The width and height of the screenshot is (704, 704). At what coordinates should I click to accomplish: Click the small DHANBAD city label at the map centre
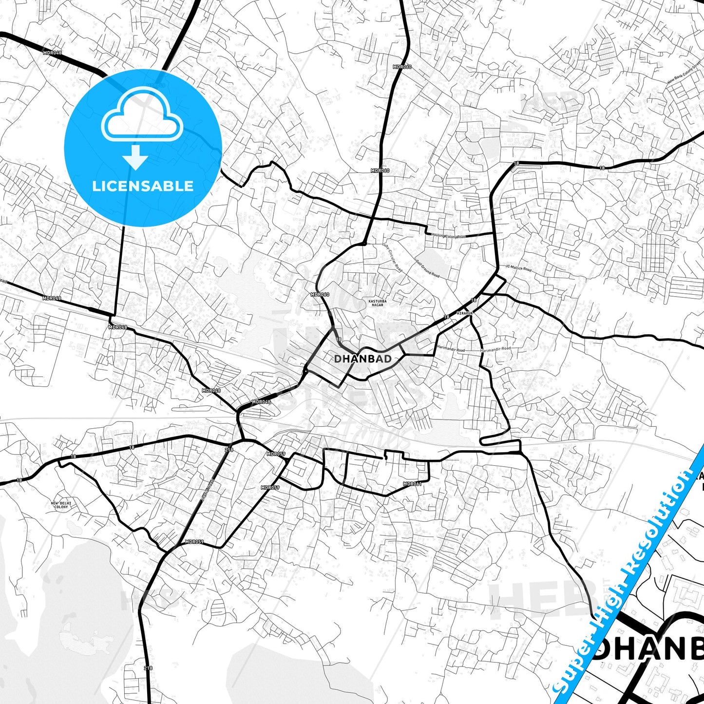click(x=362, y=359)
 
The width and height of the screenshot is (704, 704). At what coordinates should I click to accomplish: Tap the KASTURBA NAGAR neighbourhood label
click(x=377, y=303)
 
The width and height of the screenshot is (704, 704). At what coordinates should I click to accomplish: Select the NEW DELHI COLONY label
click(x=61, y=505)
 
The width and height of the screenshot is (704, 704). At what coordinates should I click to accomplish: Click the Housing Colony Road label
click(x=448, y=236)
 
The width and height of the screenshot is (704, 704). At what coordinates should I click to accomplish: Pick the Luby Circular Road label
click(x=393, y=257)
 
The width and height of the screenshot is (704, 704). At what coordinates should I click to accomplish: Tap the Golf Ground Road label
click(x=427, y=268)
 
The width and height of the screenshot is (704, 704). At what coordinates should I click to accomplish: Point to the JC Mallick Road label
click(x=518, y=268)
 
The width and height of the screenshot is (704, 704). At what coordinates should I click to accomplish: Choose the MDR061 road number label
click(x=412, y=484)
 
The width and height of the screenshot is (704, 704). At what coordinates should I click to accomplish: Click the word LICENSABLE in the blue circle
click(x=143, y=186)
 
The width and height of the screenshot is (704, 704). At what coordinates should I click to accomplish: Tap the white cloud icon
click(x=142, y=114)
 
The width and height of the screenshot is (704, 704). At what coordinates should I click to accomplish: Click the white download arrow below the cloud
click(x=135, y=157)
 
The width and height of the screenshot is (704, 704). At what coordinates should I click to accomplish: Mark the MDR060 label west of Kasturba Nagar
click(x=320, y=295)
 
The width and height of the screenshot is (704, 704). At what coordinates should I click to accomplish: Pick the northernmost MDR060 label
click(x=402, y=67)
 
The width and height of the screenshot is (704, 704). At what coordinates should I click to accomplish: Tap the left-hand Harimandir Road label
click(x=451, y=350)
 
